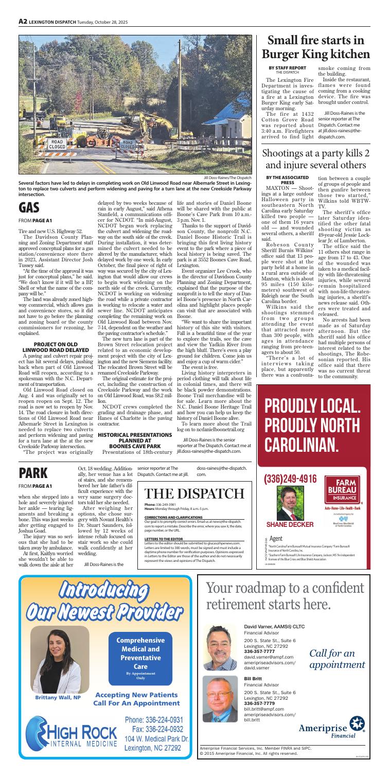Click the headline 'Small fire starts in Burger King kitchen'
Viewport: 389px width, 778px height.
(317, 46)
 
